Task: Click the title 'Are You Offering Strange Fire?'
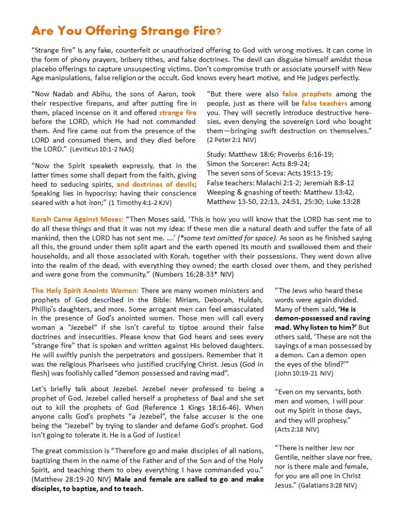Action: [126, 31]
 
